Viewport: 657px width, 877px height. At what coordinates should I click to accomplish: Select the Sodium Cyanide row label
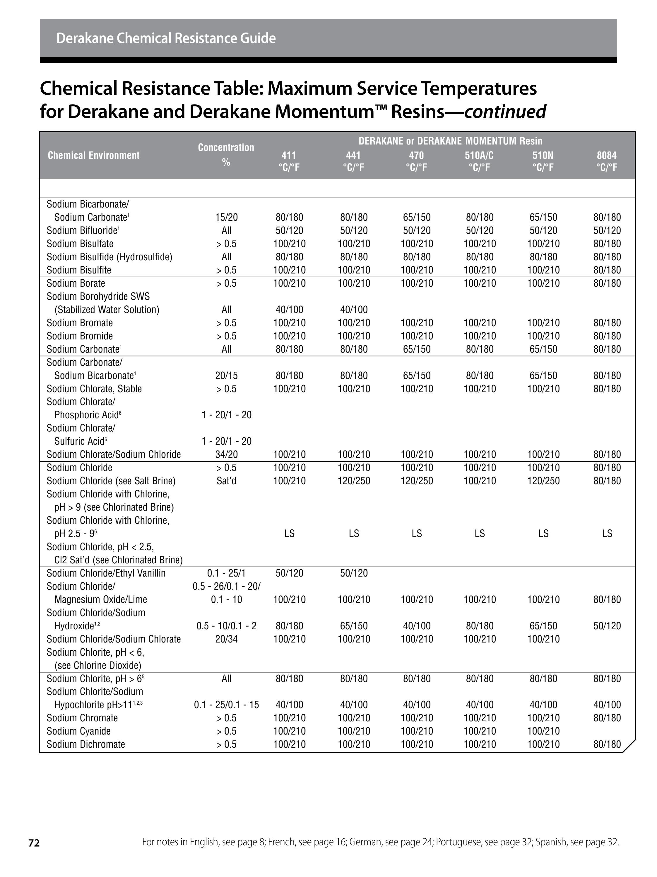point(78,731)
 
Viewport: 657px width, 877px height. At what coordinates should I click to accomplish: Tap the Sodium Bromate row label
point(80,323)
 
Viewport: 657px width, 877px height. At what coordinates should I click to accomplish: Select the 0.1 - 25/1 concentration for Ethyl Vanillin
point(226,573)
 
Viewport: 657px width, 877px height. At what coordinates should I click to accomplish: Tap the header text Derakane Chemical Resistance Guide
point(166,38)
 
